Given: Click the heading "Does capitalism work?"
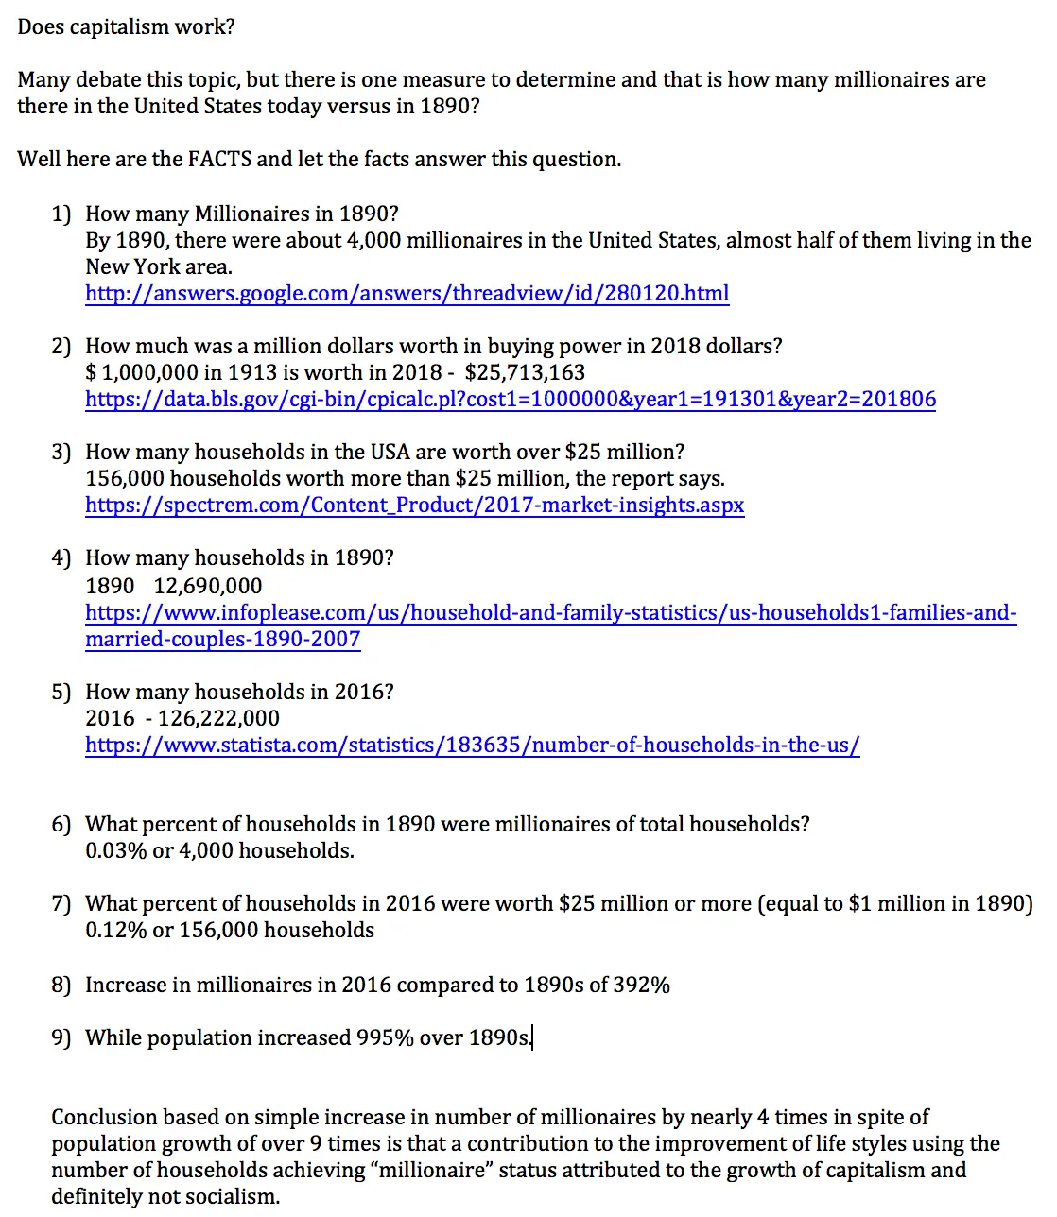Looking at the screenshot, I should (x=126, y=26).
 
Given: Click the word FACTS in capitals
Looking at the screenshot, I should (x=219, y=159).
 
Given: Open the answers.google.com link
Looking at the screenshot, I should (x=407, y=293).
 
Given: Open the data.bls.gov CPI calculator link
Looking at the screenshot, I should (x=511, y=399).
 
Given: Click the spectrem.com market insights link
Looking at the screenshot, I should (x=414, y=505).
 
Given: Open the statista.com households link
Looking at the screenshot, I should (x=472, y=745).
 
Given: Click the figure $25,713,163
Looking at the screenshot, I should (x=525, y=372).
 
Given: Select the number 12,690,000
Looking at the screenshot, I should (x=208, y=586).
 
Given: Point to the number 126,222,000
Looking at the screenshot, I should (x=218, y=718).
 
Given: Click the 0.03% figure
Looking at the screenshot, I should (x=115, y=850).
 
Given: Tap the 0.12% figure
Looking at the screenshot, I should (x=115, y=930).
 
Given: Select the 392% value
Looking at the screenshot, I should (x=641, y=985).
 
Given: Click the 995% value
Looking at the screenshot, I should (x=385, y=1037).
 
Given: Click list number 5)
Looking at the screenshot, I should (x=61, y=692).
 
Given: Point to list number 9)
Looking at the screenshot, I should (x=61, y=1037).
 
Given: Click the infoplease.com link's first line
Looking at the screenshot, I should (x=550, y=612).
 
